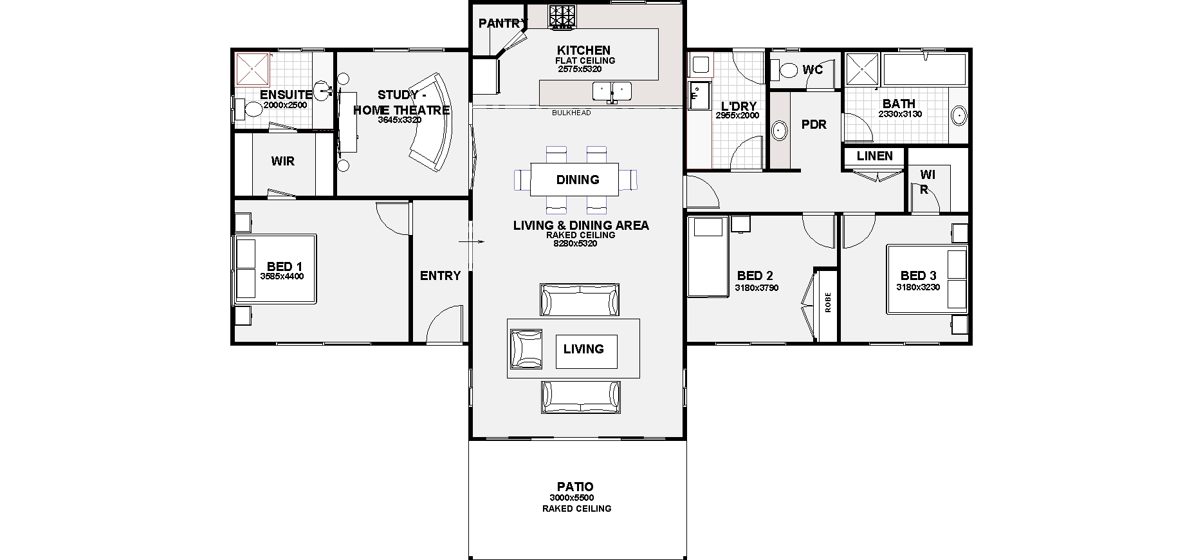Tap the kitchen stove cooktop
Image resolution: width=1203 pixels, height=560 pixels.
click(x=563, y=17)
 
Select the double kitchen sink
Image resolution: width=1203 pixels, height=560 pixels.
click(x=612, y=91)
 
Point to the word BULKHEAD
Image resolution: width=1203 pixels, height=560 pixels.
click(x=571, y=113)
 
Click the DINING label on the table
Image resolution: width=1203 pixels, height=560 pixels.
click(x=578, y=180)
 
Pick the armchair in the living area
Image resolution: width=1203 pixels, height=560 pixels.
click(x=526, y=349)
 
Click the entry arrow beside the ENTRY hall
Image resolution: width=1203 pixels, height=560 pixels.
click(x=471, y=242)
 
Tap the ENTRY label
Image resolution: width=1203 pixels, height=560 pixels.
click(x=440, y=276)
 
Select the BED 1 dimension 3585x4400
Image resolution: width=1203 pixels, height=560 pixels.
click(x=282, y=277)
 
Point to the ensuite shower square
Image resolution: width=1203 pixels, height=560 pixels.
click(x=252, y=68)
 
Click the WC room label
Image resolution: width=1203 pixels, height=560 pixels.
click(x=813, y=70)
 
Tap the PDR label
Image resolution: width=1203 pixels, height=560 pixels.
click(x=814, y=125)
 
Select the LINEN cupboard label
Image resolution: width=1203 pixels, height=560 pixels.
click(x=875, y=156)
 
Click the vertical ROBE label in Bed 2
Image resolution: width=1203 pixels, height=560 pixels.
click(x=828, y=303)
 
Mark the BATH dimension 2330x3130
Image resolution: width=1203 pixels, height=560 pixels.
click(x=900, y=115)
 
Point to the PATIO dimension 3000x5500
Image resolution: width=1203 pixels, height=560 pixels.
click(x=572, y=498)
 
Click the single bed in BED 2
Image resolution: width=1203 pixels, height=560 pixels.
click(x=708, y=257)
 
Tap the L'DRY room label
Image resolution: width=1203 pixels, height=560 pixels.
click(x=739, y=106)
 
